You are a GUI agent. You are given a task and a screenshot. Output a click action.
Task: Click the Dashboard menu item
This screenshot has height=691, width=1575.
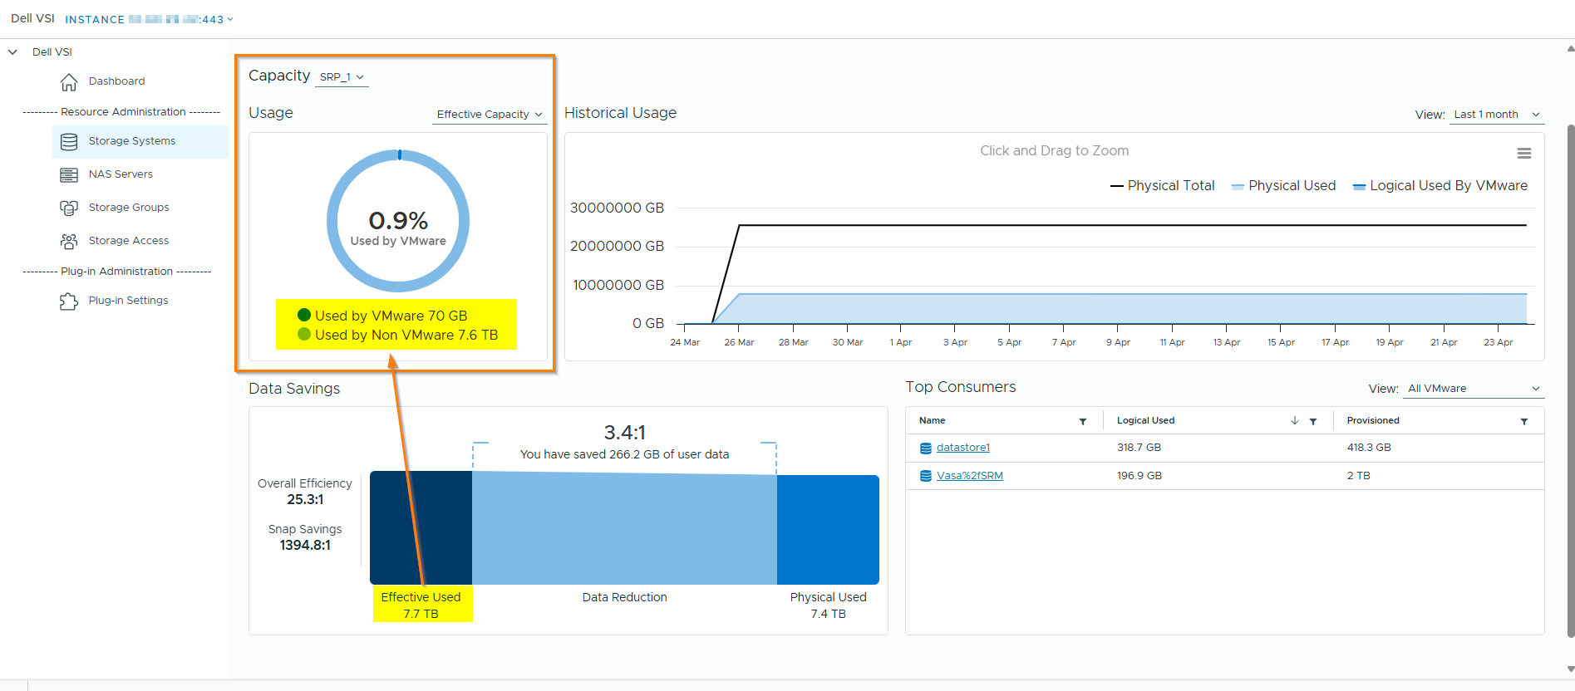pyautogui.click(x=116, y=81)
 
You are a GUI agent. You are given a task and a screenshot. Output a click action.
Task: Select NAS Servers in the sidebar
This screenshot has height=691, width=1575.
pyautogui.click(x=121, y=174)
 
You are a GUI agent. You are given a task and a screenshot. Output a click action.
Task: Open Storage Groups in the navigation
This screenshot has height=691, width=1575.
pyautogui.click(x=128, y=208)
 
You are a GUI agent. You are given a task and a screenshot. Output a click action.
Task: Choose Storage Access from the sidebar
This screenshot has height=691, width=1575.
pyautogui.click(x=128, y=241)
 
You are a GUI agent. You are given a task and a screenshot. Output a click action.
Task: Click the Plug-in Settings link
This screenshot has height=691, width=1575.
pyautogui.click(x=128, y=301)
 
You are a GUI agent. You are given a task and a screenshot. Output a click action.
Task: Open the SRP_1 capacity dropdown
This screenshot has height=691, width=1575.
pyautogui.click(x=342, y=77)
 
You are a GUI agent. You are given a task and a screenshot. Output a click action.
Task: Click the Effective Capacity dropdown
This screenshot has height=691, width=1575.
pyautogui.click(x=489, y=115)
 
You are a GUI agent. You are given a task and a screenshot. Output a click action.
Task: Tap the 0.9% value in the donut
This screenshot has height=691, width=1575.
pyautogui.click(x=398, y=221)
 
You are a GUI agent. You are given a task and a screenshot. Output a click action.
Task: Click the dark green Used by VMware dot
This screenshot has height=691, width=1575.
pyautogui.click(x=304, y=316)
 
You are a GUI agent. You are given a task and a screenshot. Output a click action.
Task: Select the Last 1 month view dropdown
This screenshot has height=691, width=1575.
pyautogui.click(x=1497, y=115)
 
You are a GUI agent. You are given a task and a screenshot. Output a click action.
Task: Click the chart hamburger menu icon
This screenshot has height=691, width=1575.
pyautogui.click(x=1523, y=154)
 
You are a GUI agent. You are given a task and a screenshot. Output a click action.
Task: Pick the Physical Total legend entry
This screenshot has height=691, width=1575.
pyautogui.click(x=1163, y=186)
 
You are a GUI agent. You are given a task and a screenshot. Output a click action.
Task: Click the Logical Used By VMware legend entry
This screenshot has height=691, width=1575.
pyautogui.click(x=1440, y=186)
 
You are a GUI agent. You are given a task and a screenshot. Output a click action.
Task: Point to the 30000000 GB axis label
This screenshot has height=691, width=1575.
pyautogui.click(x=617, y=208)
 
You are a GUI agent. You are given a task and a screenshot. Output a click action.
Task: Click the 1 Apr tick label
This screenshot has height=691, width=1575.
pyautogui.click(x=901, y=342)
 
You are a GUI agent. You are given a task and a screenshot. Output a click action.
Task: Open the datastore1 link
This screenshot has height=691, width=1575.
pyautogui.click(x=962, y=448)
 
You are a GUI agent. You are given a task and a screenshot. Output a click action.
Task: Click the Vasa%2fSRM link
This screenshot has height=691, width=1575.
pyautogui.click(x=969, y=476)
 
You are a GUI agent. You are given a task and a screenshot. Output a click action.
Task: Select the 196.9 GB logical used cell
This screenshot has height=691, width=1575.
pyautogui.click(x=1139, y=476)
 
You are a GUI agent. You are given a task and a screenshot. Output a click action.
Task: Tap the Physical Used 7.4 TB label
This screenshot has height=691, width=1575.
pyautogui.click(x=828, y=605)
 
